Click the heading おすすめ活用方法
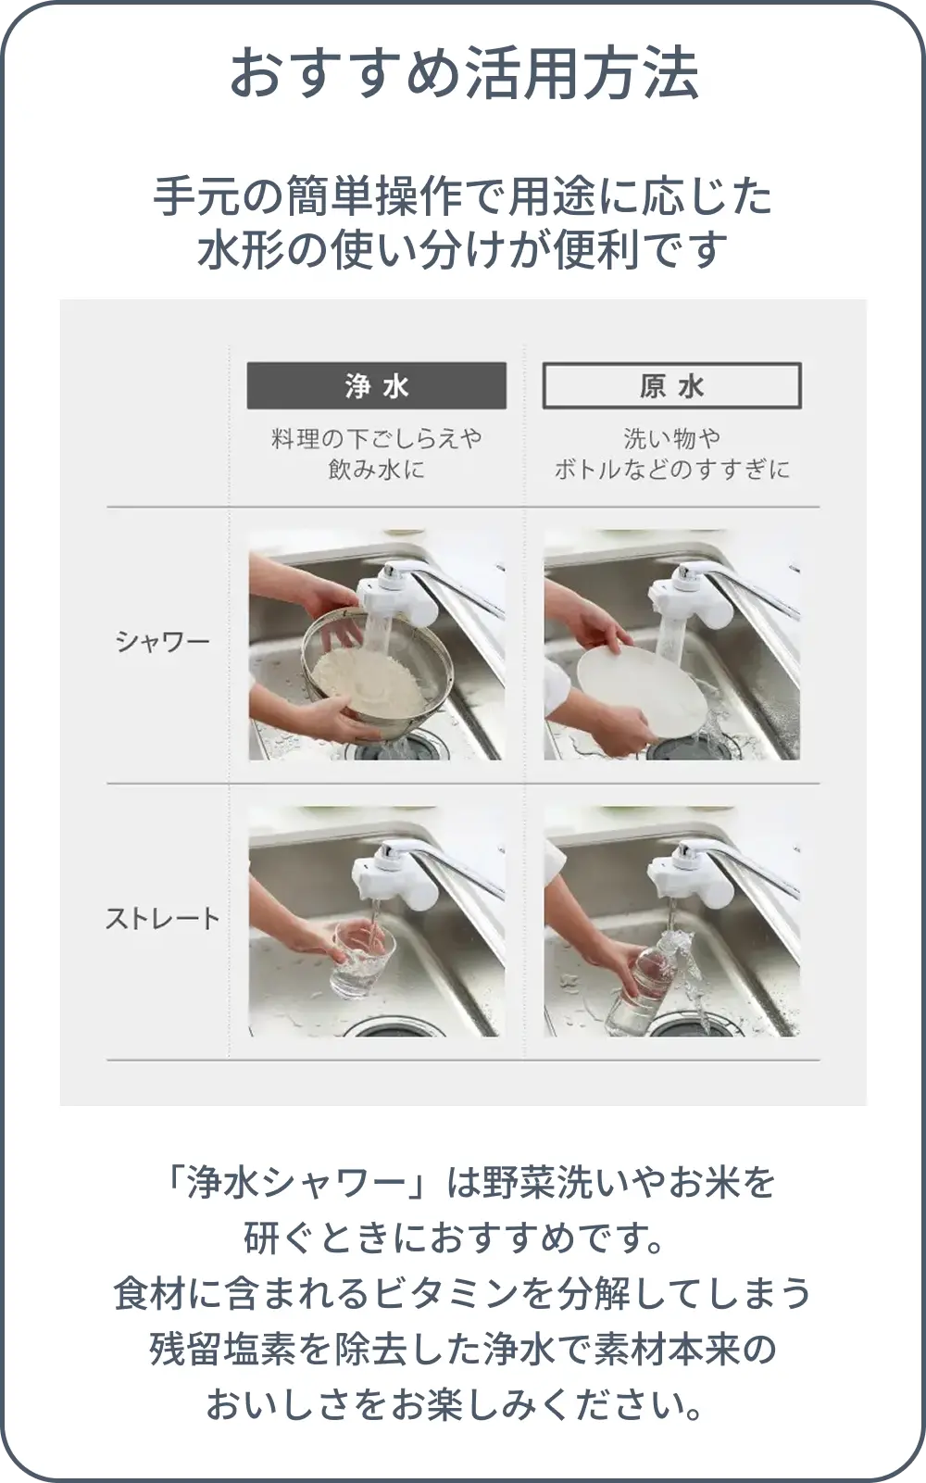(463, 73)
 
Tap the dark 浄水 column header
(377, 385)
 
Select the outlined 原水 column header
(672, 385)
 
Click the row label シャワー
(162, 642)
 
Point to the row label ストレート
(162, 919)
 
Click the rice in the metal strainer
(368, 681)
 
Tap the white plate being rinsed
(641, 692)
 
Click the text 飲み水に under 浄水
(377, 470)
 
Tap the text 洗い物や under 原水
(672, 438)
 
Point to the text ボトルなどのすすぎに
(672, 470)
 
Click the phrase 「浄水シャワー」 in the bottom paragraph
(298, 1183)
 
